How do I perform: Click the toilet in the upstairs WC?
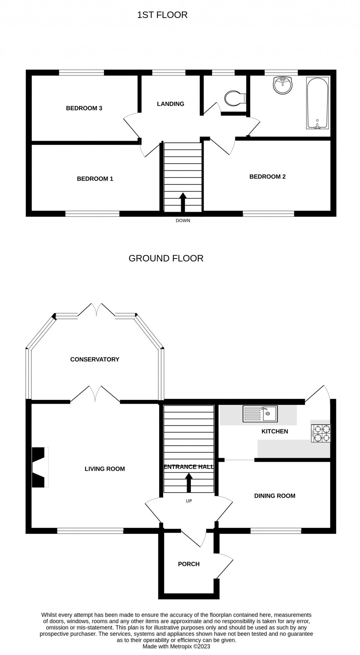(234, 98)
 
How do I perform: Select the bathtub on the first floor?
(317, 103)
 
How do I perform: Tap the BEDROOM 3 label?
(84, 108)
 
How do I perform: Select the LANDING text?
(171, 104)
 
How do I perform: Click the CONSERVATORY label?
(95, 359)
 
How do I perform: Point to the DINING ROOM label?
(275, 496)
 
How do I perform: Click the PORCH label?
(188, 564)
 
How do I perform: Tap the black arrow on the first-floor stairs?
(183, 202)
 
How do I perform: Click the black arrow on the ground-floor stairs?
(189, 482)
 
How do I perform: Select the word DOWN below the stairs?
(183, 221)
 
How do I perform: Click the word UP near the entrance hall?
(189, 501)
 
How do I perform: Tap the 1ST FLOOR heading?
(162, 15)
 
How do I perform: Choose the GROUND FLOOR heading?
(166, 258)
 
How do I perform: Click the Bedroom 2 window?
(268, 214)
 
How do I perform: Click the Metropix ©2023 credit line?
(176, 646)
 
